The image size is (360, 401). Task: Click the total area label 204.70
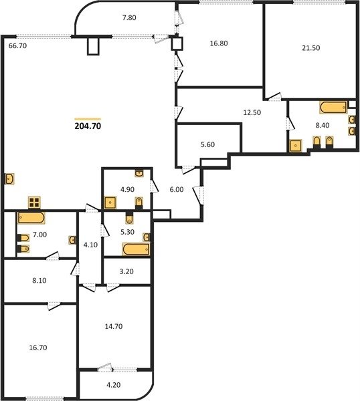click(88, 126)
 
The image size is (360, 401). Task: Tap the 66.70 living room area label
click(17, 46)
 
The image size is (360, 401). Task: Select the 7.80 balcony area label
click(129, 18)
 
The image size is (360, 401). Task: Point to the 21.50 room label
click(311, 48)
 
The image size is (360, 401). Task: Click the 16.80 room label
click(219, 43)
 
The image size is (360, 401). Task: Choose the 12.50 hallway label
click(252, 112)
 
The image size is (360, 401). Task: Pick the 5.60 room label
click(207, 145)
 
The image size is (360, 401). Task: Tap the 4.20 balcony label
click(114, 385)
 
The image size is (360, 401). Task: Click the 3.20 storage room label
click(126, 271)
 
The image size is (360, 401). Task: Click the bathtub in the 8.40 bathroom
click(333, 107)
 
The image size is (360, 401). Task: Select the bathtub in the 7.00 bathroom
click(31, 218)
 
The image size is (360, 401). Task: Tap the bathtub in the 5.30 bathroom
click(136, 249)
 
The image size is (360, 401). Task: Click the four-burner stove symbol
click(34, 203)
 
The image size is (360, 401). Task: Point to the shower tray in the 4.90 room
click(110, 203)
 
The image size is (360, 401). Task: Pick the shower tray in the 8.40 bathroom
click(296, 146)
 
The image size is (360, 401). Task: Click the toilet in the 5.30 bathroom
click(130, 218)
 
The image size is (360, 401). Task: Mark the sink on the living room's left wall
click(9, 178)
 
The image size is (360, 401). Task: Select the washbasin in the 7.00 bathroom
click(72, 240)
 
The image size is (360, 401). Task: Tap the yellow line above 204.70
click(88, 119)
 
